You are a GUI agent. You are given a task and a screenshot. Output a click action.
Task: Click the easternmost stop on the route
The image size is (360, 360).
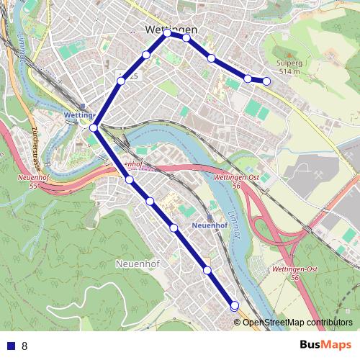click(x=266, y=81)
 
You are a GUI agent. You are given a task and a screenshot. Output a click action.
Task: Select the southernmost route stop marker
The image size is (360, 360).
click(x=234, y=306)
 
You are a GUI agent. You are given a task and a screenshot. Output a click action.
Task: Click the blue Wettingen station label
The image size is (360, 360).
click(x=80, y=114)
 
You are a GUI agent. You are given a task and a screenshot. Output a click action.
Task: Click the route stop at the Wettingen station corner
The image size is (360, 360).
click(x=94, y=127)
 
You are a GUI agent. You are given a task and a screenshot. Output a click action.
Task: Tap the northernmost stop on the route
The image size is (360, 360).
click(x=168, y=33)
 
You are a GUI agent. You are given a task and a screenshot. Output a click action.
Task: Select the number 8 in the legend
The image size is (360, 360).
click(x=25, y=346)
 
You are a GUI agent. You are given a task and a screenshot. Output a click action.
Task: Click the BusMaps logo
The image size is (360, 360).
click(x=325, y=345)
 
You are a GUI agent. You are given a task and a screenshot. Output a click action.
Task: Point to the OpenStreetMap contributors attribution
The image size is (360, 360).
click(x=297, y=322)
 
